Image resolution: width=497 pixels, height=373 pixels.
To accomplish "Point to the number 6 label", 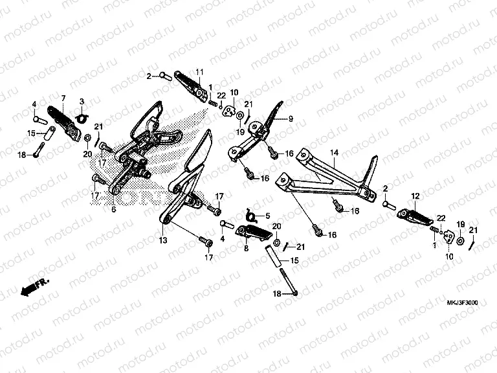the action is click(113, 210).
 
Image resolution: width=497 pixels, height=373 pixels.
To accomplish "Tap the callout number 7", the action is click(63, 98).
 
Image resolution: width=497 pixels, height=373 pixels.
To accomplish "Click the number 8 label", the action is click(247, 247).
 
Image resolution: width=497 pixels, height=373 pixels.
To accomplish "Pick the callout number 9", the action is click(291, 119).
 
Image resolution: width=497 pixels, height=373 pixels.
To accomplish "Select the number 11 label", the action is click(199, 71).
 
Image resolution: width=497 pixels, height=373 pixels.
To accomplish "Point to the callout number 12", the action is click(415, 194).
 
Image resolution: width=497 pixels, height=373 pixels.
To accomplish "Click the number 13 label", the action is click(164, 240).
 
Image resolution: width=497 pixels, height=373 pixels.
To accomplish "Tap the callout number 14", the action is click(335, 153).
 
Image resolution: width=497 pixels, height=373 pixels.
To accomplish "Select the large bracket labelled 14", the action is click(324, 178).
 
